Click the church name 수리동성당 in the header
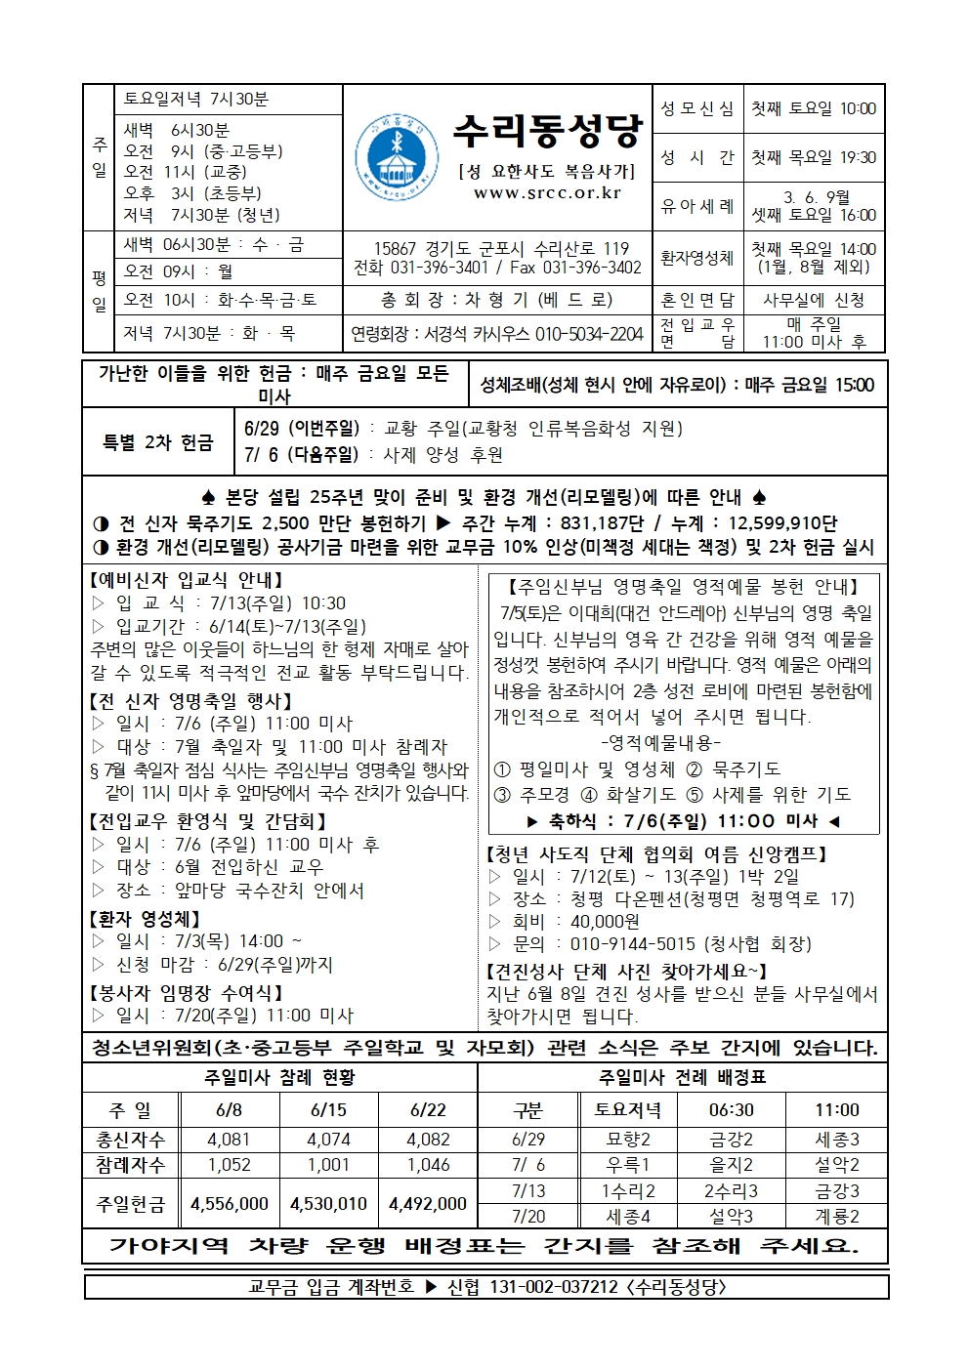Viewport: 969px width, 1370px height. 547,130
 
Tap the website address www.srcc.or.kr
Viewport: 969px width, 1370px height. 547,193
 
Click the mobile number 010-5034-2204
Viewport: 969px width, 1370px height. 589,334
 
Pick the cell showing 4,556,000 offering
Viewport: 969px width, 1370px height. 230,1204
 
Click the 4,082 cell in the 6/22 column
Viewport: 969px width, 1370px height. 428,1140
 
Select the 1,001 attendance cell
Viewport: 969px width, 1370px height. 328,1165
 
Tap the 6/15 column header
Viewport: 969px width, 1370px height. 328,1110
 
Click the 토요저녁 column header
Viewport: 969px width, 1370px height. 627,1110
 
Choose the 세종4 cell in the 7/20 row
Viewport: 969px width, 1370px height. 627,1217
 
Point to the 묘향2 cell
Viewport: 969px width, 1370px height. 627,1140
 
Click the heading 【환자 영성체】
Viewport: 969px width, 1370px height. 146,919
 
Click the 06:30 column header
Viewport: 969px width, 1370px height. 731,1110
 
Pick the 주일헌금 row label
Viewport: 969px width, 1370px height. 131,1204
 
